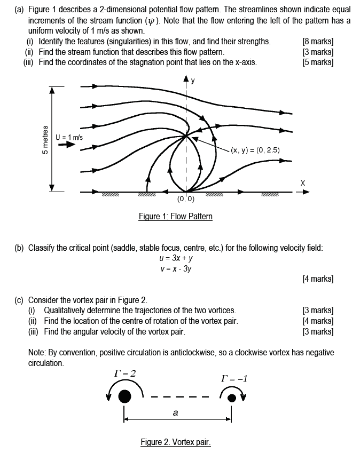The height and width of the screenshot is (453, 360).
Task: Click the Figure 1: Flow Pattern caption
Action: [x=175, y=216]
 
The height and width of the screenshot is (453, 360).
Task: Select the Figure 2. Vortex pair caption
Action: [x=176, y=442]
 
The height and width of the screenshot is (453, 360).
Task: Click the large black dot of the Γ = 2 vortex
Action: [x=124, y=396]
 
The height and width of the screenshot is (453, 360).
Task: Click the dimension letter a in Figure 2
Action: [x=175, y=412]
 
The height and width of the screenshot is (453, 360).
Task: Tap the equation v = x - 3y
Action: [x=175, y=268]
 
